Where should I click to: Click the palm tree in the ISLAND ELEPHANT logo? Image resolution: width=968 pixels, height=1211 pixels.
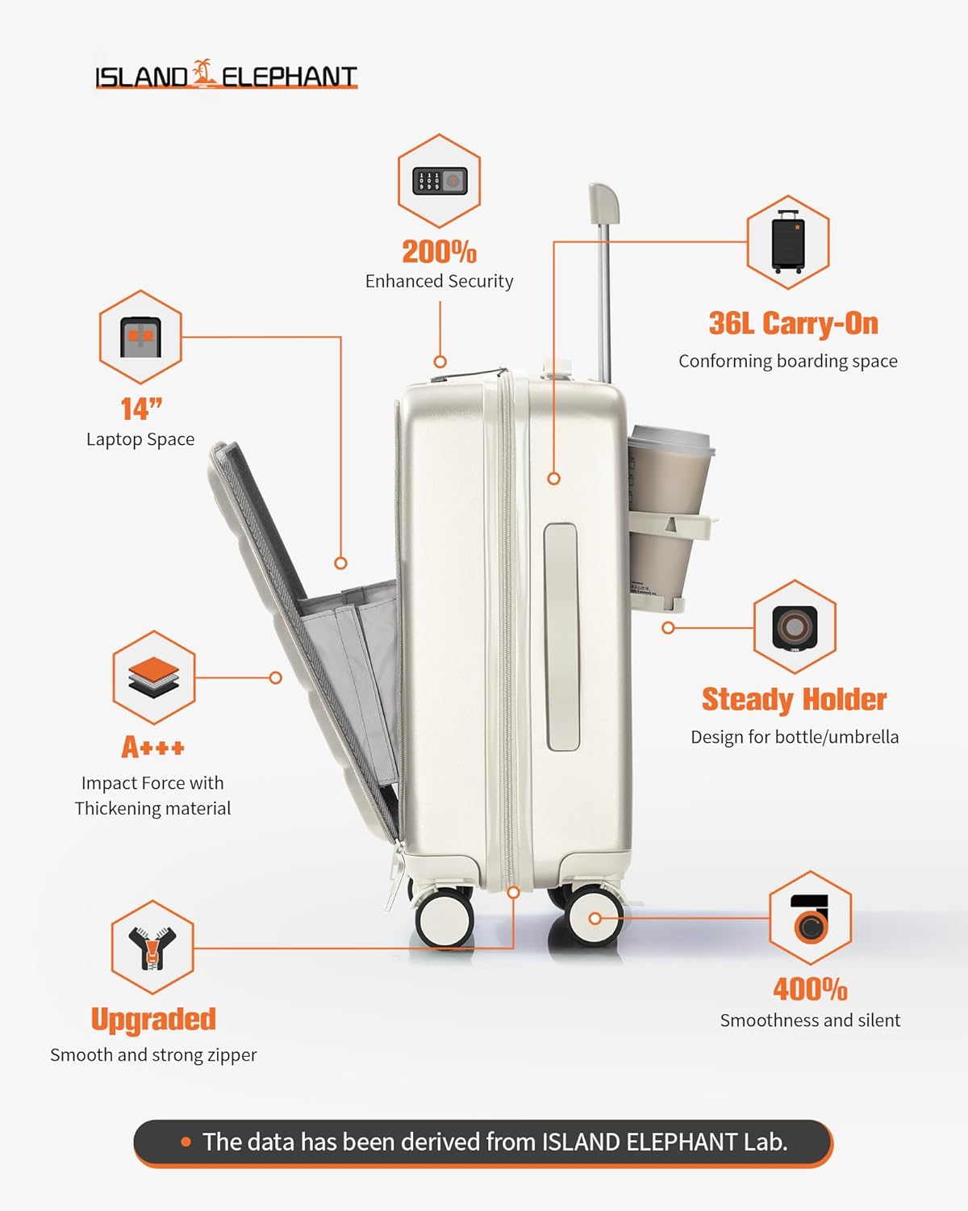pos(205,73)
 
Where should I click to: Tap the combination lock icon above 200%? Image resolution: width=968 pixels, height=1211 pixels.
pos(440,181)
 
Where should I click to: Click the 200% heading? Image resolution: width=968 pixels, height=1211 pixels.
pos(439,252)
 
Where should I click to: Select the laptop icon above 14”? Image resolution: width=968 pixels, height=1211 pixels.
pos(140,337)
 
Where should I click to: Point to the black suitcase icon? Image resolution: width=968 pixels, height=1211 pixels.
pos(788,241)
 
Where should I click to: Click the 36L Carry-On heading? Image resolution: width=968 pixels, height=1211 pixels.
pos(793,324)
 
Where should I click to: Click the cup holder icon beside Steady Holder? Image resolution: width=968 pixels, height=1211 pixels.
pos(795,626)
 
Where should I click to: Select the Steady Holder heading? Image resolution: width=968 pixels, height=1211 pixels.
pos(794,699)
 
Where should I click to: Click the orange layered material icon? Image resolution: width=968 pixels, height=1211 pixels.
pos(153,677)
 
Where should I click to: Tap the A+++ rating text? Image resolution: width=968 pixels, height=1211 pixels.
pos(153,748)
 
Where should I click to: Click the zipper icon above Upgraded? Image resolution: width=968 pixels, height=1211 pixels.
pos(152,947)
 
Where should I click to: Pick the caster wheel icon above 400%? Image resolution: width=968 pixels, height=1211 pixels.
pos(810,918)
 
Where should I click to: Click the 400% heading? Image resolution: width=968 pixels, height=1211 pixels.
pos(810,990)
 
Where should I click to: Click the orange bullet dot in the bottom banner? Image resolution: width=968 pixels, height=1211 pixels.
pos(186,1142)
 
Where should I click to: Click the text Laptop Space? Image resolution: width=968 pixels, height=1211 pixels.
pos(140,439)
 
